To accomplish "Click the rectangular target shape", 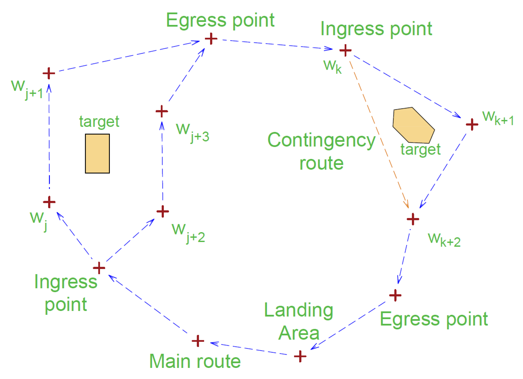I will (x=97, y=153).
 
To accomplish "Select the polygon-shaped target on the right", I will (x=413, y=126).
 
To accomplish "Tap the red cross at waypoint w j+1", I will (x=49, y=74).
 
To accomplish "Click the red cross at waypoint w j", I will (x=49, y=202).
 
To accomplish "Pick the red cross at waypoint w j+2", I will (x=163, y=211).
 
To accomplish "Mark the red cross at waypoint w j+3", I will (x=162, y=111).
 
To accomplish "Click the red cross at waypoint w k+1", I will (x=472, y=124).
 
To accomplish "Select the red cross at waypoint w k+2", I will (x=413, y=219).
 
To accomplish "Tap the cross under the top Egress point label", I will (x=211, y=39).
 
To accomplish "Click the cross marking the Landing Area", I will (x=300, y=356).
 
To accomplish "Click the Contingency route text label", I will (x=321, y=151).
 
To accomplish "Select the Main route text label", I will (x=195, y=361).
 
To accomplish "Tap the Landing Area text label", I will (x=299, y=321).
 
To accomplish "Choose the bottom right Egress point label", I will (x=434, y=319).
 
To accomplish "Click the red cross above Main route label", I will (x=198, y=341).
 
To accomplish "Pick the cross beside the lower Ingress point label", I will (x=99, y=268).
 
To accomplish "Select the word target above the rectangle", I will (x=99, y=122).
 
